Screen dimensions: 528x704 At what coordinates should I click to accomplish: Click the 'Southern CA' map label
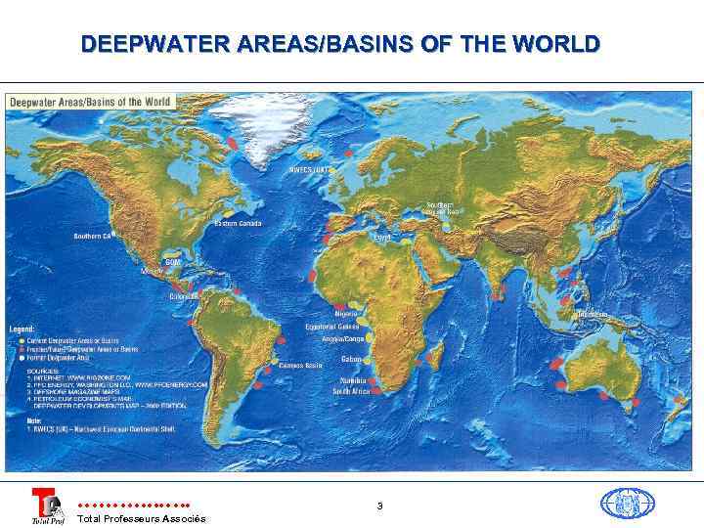click(x=94, y=237)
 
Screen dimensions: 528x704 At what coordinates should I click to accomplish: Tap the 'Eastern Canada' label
click(x=238, y=224)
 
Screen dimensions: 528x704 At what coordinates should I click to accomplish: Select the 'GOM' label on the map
click(x=172, y=261)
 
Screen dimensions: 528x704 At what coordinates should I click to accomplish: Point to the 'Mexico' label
click(x=151, y=271)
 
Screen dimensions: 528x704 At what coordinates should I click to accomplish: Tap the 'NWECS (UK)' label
click(x=309, y=170)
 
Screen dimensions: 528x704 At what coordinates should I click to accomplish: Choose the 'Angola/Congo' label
click(x=342, y=339)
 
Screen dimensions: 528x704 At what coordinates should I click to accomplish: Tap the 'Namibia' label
click(x=354, y=379)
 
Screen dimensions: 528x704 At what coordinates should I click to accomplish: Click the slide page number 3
click(x=379, y=506)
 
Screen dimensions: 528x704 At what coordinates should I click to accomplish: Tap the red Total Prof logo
click(x=46, y=506)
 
